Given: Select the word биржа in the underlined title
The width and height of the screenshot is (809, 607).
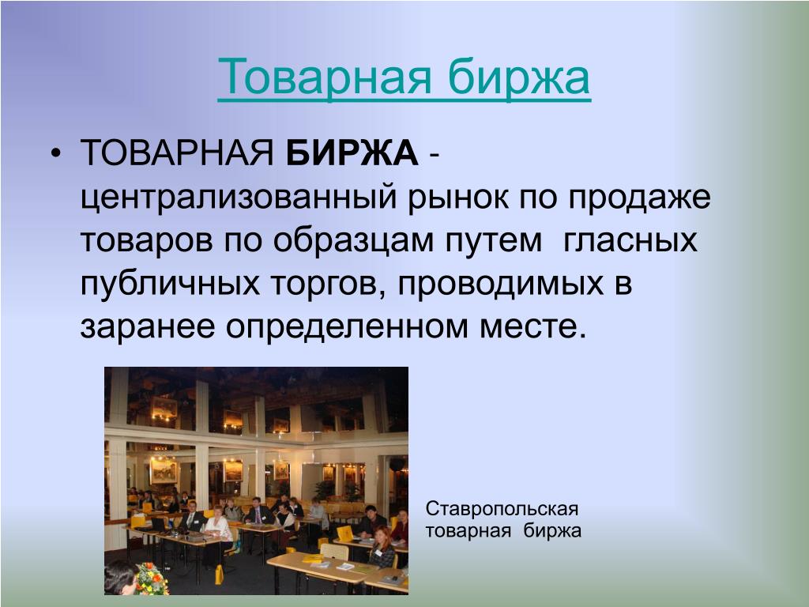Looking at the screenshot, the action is tap(519, 78).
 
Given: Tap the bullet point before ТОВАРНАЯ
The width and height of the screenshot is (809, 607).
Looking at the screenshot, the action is tap(56, 153).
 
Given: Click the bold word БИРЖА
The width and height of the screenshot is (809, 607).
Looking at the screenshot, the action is tap(352, 153).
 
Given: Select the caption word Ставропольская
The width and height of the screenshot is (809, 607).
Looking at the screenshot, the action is tap(502, 509).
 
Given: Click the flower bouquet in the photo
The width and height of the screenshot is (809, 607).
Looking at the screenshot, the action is tap(152, 579).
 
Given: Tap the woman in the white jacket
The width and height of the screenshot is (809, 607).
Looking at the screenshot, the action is tap(218, 527).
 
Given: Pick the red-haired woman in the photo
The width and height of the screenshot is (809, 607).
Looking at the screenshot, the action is tap(383, 547).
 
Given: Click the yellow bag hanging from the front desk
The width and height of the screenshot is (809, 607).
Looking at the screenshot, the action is tap(220, 575).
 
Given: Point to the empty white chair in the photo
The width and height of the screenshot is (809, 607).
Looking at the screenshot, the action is tap(334, 552).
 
